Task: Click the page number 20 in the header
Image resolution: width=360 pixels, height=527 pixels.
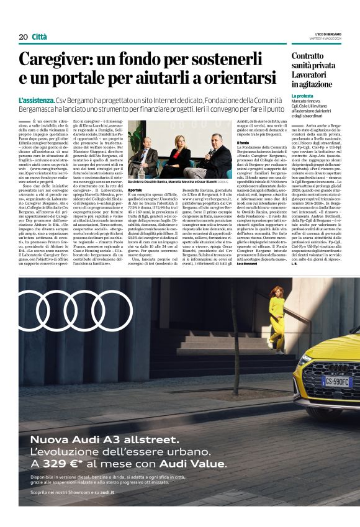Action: pos(22,37)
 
